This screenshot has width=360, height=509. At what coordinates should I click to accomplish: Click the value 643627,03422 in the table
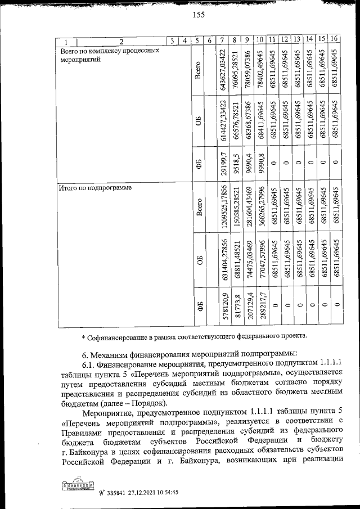(224, 66)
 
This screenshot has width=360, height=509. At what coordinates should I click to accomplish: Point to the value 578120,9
(224, 306)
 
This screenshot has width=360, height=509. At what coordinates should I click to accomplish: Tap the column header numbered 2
(120, 40)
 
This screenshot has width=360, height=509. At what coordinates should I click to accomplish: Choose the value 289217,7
(260, 306)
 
